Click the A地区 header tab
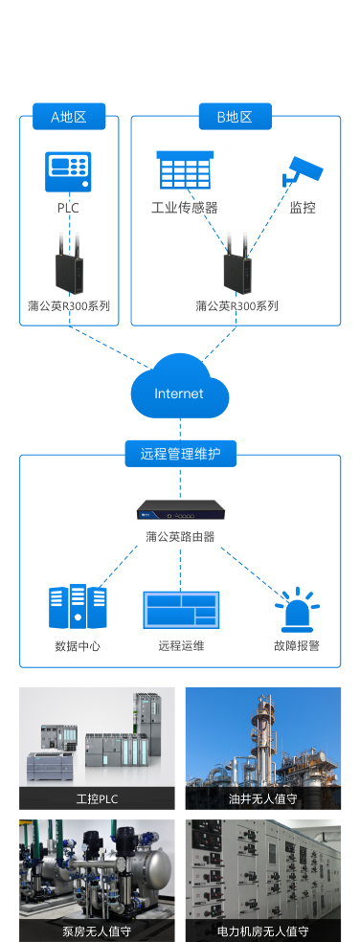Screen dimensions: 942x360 pos(68,117)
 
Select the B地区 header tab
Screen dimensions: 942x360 pos(235,117)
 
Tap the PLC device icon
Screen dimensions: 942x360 pos(68,171)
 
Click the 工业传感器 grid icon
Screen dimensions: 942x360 pos(184,171)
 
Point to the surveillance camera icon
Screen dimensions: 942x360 pos(303,170)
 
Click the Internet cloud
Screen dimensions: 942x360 pos(179,389)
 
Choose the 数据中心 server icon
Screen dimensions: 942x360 pos(78,607)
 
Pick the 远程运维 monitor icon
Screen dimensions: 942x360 pos(181,610)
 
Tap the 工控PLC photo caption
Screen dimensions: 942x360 pos(97,798)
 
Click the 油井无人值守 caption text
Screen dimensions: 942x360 pos(262,798)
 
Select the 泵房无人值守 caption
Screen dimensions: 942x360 pos(97,931)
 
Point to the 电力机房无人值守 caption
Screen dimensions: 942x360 pos(262,931)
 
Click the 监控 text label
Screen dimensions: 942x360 pos(303,208)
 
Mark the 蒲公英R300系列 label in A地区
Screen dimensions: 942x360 pos(69,306)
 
